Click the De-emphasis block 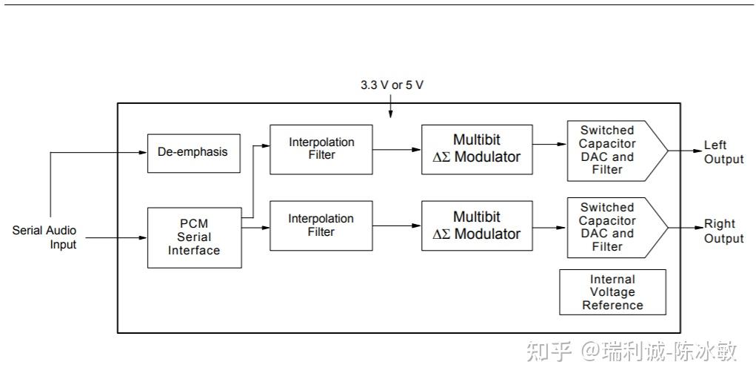pos(193,152)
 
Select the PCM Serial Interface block pos(194,237)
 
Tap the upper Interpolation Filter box pos(321,149)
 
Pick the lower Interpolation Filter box pos(321,225)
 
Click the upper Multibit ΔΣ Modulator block pos(477,149)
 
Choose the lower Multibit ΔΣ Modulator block pos(477,225)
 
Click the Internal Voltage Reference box pos(612,292)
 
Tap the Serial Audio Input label pos(44,237)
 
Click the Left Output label pos(723,152)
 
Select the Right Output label pos(723,231)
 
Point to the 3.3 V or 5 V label pos(392,85)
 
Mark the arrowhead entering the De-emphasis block pos(142,153)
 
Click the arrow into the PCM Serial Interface pos(142,237)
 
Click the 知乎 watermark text pos(549,351)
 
